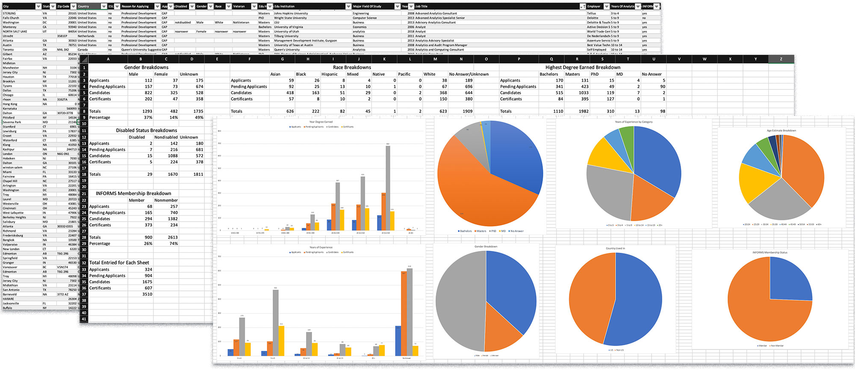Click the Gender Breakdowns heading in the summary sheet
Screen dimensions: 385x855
point(146,67)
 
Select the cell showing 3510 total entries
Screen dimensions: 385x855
point(147,294)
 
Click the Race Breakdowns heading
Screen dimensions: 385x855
point(352,67)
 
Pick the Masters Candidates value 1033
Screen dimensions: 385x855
point(584,93)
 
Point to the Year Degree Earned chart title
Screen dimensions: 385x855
point(321,122)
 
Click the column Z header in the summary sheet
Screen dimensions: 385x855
point(781,59)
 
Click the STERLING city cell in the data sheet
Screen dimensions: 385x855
point(9,13)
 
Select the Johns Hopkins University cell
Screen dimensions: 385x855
point(291,13)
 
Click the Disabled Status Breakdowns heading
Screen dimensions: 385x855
point(146,130)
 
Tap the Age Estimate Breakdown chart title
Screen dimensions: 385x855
point(781,130)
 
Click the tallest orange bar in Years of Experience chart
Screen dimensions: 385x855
point(404,314)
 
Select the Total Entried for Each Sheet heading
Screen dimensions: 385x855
point(119,263)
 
